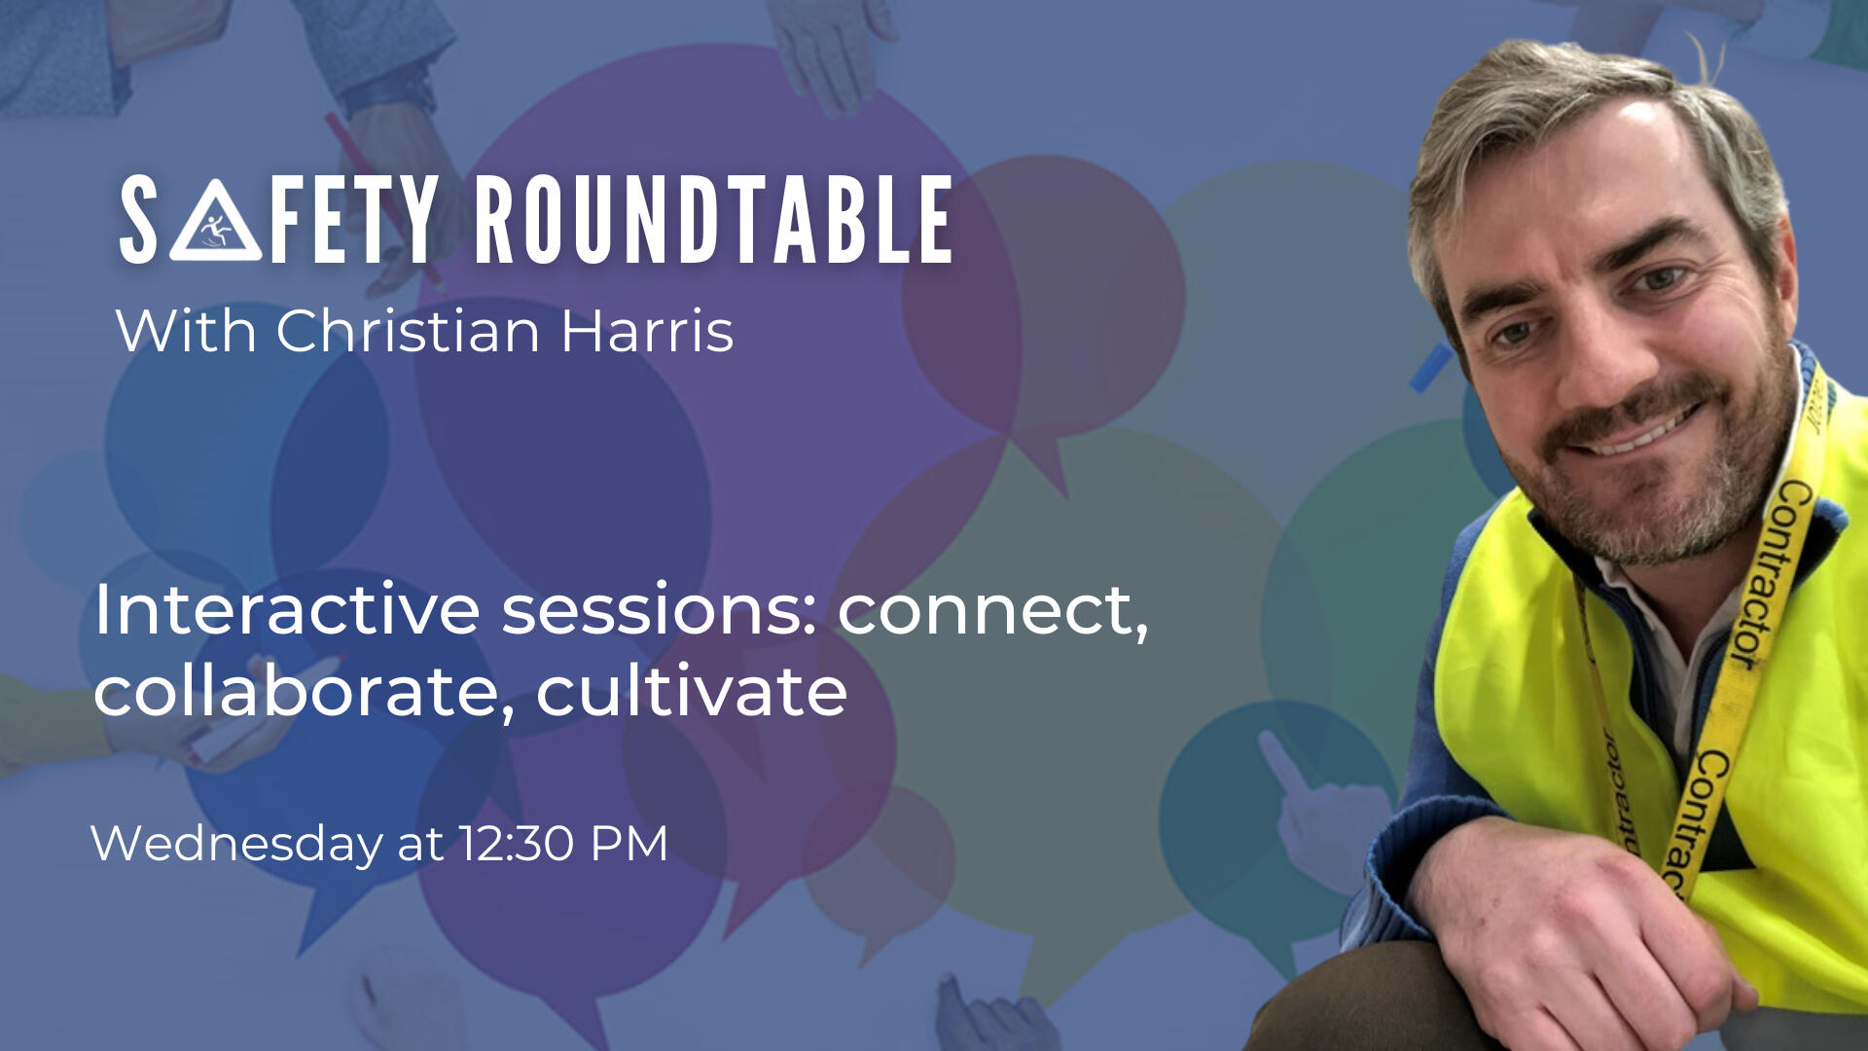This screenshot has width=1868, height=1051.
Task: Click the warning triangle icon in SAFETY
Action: (215, 222)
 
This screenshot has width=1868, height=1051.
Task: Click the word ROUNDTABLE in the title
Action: (714, 221)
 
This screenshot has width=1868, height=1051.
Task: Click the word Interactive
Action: (287, 610)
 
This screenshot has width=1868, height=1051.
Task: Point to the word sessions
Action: (660, 611)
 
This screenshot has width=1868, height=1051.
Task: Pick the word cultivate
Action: (692, 691)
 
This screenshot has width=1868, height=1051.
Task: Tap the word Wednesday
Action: (236, 843)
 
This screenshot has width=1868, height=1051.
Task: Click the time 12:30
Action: (517, 843)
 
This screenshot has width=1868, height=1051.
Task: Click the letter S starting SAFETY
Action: (138, 221)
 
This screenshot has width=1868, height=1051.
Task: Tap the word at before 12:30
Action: (420, 845)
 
